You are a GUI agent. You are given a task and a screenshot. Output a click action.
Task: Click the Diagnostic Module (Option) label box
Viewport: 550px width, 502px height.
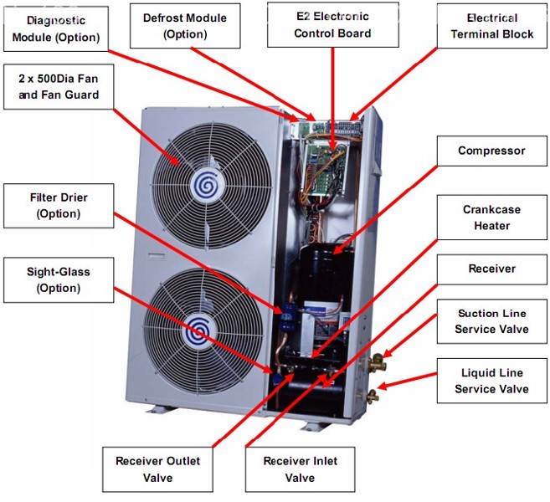pos(57,28)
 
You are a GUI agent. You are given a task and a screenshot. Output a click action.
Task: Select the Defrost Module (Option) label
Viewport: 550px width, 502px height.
pos(185,25)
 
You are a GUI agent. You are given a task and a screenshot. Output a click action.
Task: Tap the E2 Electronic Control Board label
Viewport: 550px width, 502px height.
pos(332,24)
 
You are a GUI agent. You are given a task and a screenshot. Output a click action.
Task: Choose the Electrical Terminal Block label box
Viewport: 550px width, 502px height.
pos(491,25)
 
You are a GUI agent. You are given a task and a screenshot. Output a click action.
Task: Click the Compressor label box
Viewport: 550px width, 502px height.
pos(491,151)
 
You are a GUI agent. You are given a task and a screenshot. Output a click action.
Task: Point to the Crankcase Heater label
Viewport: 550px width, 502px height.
pos(491,218)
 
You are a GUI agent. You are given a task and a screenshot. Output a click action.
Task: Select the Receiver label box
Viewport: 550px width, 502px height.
pos(491,269)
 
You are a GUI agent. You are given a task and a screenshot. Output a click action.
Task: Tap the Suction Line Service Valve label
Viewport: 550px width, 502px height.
pos(491,321)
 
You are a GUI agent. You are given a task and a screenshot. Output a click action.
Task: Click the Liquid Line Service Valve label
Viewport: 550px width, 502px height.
pos(491,382)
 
